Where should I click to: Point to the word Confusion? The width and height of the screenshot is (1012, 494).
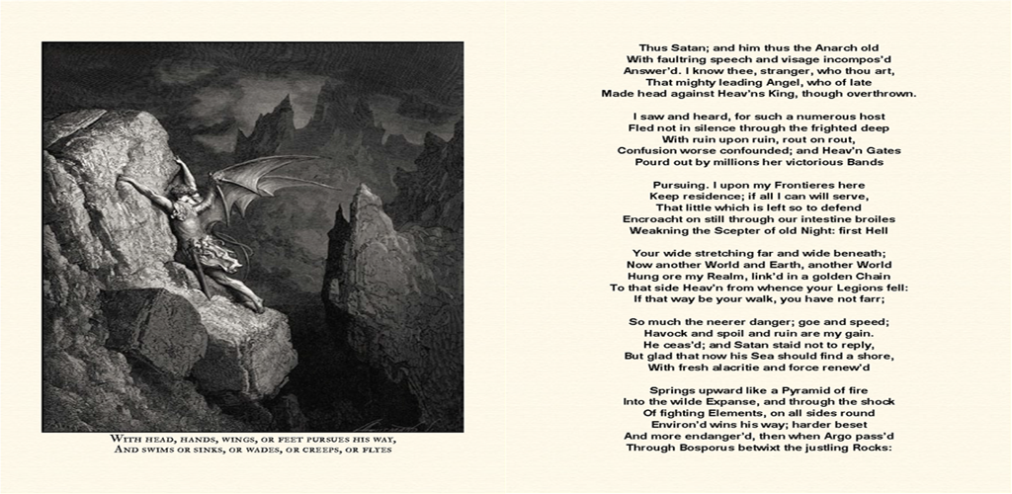649,150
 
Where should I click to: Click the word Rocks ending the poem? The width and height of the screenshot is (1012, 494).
873,447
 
